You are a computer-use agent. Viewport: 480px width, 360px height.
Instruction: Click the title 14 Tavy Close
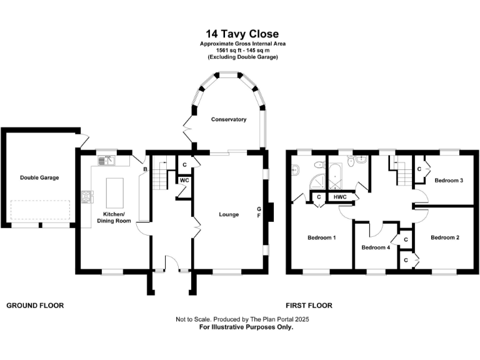click(x=242, y=34)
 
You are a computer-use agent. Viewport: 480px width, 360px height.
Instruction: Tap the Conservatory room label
click(x=228, y=119)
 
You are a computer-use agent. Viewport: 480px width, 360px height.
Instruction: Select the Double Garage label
click(x=39, y=177)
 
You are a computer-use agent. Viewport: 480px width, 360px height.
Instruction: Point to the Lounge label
click(x=229, y=214)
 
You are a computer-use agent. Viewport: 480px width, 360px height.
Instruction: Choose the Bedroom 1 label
click(x=322, y=237)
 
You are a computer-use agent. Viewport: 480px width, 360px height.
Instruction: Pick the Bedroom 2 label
click(x=445, y=237)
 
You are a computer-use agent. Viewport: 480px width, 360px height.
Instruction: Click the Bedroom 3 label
click(x=449, y=181)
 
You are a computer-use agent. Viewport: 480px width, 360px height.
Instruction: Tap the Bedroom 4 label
click(x=376, y=247)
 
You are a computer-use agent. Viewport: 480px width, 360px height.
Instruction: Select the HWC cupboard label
click(x=341, y=197)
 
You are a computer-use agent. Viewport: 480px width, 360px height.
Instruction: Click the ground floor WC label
click(x=184, y=181)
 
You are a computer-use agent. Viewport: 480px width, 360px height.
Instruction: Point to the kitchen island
click(x=114, y=192)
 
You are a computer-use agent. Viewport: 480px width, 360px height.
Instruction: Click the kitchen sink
click(x=106, y=161)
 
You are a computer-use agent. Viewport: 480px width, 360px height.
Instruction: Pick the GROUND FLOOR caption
click(x=35, y=306)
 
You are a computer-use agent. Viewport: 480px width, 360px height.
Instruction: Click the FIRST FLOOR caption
click(x=309, y=306)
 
